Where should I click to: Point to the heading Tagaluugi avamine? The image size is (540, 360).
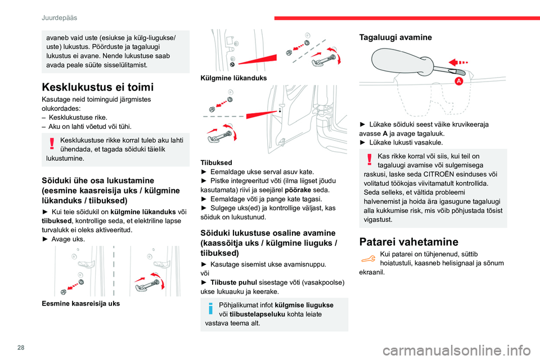click(394, 37)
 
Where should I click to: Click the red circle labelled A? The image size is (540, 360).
click(459, 82)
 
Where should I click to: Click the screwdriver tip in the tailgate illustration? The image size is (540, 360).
click(460, 72)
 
